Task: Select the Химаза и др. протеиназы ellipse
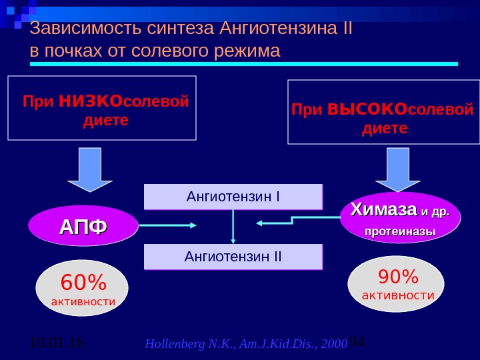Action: click(400, 219)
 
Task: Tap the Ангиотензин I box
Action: click(233, 197)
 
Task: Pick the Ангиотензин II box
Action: click(233, 256)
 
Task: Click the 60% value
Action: click(83, 283)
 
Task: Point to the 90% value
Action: click(398, 276)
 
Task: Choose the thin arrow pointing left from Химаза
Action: click(293, 222)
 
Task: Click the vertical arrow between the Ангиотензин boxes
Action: click(233, 227)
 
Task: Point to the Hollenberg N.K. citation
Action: click(246, 345)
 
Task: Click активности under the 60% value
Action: click(83, 302)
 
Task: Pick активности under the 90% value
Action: click(398, 295)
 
